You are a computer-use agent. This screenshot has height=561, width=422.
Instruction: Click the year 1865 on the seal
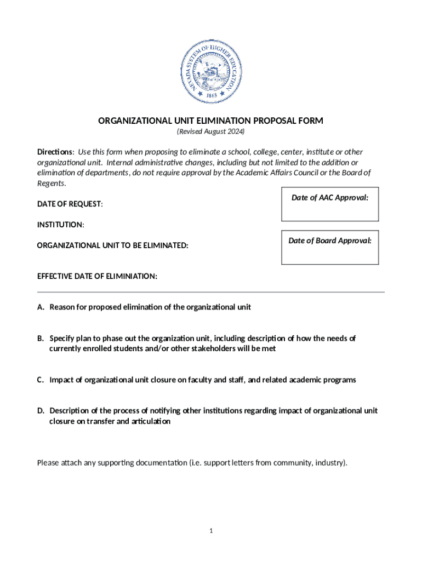(211, 95)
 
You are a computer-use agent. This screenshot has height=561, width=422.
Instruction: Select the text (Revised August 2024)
(210, 133)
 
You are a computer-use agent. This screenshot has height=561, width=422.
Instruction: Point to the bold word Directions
(55, 152)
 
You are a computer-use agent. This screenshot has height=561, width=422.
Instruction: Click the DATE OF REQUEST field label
(70, 204)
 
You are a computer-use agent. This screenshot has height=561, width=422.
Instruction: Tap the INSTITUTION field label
(60, 225)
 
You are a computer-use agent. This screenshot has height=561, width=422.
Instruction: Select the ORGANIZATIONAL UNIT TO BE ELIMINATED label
(112, 246)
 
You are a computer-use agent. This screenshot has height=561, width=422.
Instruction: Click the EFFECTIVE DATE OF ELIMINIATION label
(97, 276)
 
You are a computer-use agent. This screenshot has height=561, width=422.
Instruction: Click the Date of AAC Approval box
(329, 206)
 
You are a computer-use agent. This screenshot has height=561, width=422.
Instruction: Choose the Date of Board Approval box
(329, 247)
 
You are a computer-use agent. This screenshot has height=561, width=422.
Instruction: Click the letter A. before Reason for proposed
(41, 307)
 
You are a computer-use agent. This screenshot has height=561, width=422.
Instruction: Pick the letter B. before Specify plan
(41, 338)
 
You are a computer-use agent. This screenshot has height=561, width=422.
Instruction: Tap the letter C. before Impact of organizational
(41, 380)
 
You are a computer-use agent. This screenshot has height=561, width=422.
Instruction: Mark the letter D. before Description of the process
(41, 410)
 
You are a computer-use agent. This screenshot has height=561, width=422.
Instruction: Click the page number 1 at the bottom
(211, 531)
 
